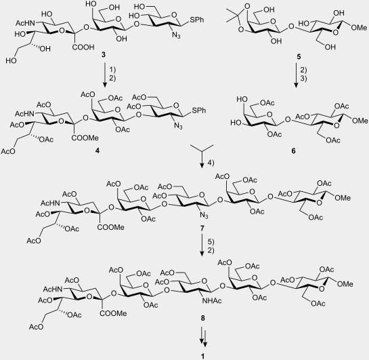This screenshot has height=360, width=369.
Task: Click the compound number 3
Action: coord(104,55)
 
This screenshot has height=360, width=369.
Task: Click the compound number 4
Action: coord(97,151)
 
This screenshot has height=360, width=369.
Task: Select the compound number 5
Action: coord(299,57)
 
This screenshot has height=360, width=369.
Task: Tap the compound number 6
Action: coord(293,151)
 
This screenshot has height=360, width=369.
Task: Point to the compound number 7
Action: coord(202,228)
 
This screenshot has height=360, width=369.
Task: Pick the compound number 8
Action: coord(202,318)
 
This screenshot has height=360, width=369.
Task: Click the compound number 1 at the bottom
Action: coord(203,356)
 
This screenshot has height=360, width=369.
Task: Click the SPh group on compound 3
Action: coord(197,20)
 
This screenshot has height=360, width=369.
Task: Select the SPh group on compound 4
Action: coord(199,111)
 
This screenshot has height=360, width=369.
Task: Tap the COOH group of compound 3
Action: coord(83,47)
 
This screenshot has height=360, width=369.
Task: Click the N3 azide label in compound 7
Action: coord(204,216)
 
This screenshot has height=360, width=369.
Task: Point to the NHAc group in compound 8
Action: coord(211,300)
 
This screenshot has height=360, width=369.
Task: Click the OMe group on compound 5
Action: coord(359,28)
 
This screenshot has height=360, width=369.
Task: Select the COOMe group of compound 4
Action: coord(85,138)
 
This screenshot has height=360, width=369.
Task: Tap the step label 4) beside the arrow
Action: coord(211,163)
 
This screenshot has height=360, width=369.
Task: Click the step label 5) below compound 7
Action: coord(211,242)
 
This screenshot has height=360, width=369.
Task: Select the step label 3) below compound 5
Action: coord(303,78)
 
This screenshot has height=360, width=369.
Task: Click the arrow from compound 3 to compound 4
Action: coord(105,75)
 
